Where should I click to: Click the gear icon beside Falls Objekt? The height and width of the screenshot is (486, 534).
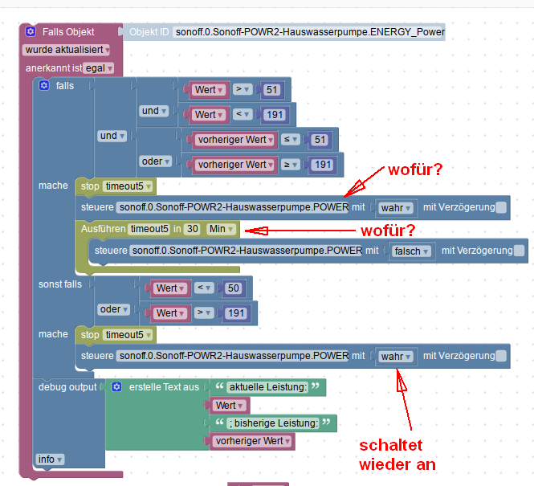click(x=31, y=32)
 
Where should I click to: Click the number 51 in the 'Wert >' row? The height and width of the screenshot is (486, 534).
click(x=271, y=89)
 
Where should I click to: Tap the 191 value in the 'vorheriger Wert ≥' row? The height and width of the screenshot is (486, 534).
click(x=323, y=165)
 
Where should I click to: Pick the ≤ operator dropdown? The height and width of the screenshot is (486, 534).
click(x=291, y=140)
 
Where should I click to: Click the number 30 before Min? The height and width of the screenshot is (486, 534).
click(x=192, y=229)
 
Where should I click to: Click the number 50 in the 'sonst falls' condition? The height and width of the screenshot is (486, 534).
click(x=233, y=288)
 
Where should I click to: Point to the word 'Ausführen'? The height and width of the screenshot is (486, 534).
click(x=103, y=229)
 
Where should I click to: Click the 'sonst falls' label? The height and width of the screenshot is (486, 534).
click(x=61, y=284)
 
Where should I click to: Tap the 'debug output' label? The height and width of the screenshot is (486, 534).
click(x=67, y=387)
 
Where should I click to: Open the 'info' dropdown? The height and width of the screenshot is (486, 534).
click(x=50, y=459)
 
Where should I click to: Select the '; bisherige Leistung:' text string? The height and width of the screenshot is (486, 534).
click(x=273, y=423)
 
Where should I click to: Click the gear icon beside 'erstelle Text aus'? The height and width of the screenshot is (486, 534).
click(x=116, y=388)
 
